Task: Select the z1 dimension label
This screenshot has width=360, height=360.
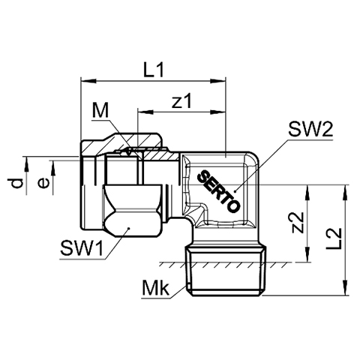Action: tap(181, 100)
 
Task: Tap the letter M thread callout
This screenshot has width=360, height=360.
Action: tap(100, 110)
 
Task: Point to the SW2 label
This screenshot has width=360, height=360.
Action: tap(310, 129)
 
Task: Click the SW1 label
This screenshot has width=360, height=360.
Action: tap(82, 248)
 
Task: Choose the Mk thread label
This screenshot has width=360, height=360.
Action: tap(155, 288)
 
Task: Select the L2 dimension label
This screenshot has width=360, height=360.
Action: tap(334, 238)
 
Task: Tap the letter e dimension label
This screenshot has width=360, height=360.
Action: tap(43, 183)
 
